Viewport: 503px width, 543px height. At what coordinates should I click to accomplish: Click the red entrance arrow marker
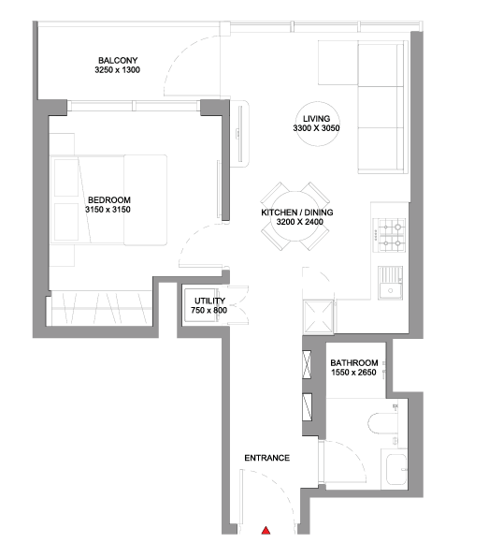pos(266,530)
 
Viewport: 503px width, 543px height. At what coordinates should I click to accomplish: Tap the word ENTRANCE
pos(267,458)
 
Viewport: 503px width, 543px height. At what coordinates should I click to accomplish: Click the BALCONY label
pos(118,61)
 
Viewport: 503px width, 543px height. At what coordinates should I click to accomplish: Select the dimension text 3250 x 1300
pos(118,70)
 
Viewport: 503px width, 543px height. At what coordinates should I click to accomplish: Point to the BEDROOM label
pos(109,200)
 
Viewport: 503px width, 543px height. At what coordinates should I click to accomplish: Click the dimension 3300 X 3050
pos(316,128)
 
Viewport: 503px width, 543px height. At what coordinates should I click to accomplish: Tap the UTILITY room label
pos(209,301)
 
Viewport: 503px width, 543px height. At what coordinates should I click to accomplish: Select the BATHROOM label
pos(354,363)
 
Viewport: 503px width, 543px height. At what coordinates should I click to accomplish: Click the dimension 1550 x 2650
pos(353,373)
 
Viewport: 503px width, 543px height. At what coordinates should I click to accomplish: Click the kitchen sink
pos(390,283)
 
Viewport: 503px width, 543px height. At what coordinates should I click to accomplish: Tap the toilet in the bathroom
pos(382,423)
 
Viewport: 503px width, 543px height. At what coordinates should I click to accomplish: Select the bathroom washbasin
pos(396,470)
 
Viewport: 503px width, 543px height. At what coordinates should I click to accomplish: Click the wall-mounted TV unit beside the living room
pos(239,134)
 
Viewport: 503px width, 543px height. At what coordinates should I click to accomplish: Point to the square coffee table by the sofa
pos(338,63)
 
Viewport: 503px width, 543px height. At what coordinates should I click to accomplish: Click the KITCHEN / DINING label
pos(297,213)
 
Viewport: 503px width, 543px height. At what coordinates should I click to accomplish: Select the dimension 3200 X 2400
pos(299,222)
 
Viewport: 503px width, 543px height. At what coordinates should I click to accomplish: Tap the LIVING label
pos(317,119)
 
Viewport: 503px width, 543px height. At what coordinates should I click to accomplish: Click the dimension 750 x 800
pos(208,310)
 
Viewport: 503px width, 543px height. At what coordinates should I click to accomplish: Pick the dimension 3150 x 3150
pos(108,210)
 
